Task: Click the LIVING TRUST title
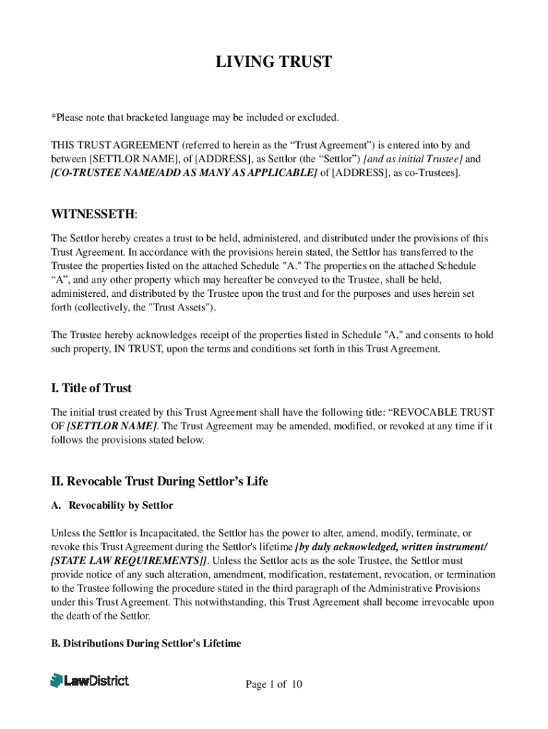(274, 62)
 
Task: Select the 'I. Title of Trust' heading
(91, 388)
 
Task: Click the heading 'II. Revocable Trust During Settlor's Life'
(159, 481)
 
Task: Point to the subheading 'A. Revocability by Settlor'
(112, 505)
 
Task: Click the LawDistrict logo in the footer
(90, 681)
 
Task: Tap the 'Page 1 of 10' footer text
(274, 685)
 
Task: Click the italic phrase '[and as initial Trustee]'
(403, 159)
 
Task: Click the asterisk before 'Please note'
(53, 117)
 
